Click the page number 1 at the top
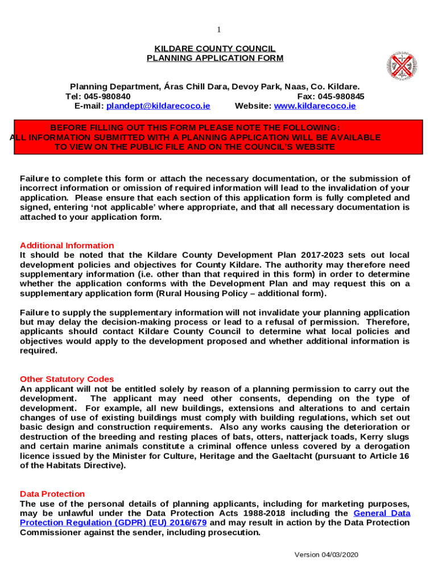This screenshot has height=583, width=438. (x=218, y=30)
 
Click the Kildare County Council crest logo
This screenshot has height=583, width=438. (x=402, y=66)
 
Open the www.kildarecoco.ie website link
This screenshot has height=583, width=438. (x=315, y=106)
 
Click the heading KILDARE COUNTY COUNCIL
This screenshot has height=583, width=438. (x=215, y=48)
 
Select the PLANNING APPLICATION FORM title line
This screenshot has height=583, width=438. (x=215, y=58)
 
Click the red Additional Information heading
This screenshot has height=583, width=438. (x=67, y=245)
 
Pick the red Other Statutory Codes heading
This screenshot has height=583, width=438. (x=67, y=379)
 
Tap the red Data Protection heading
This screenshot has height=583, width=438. (x=52, y=494)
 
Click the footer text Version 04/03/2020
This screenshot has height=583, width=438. (x=326, y=555)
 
